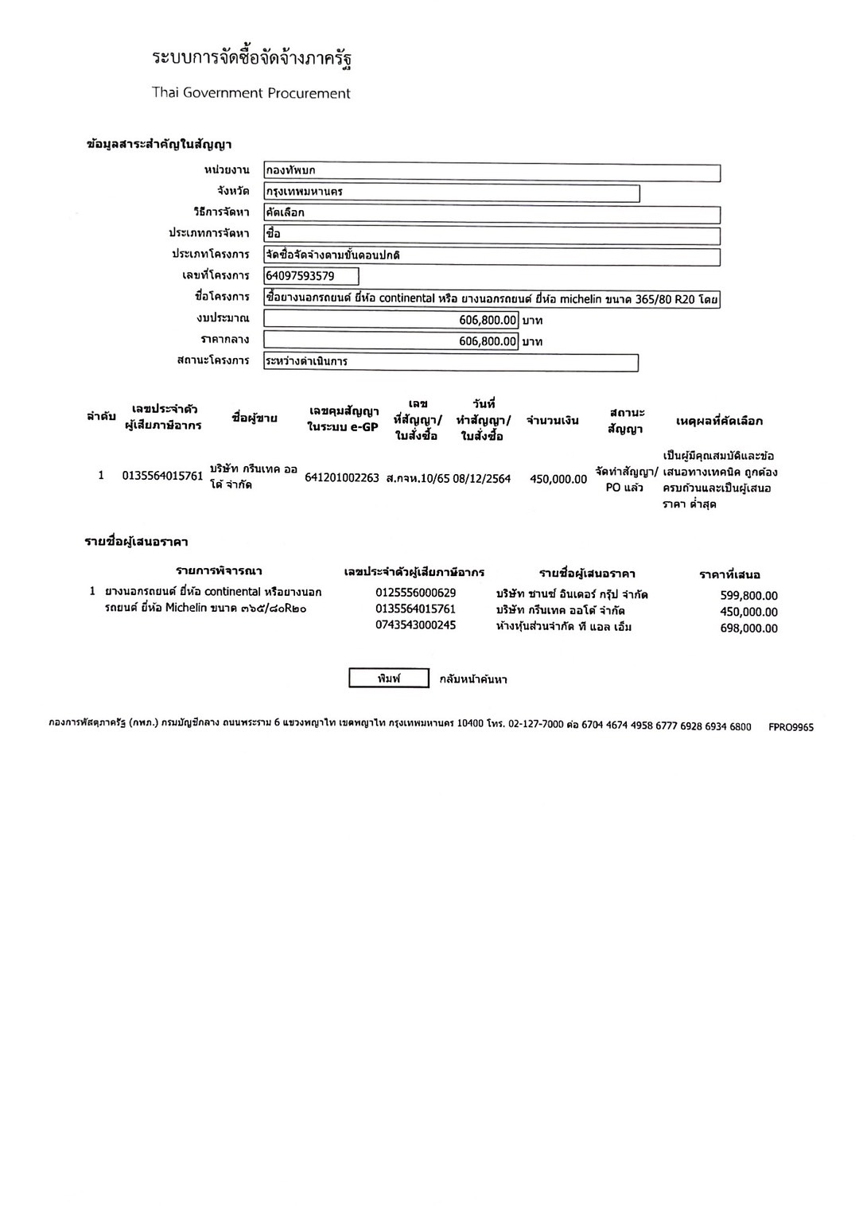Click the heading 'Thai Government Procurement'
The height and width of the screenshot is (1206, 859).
pyautogui.click(x=251, y=93)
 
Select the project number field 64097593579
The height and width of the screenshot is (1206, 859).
pyautogui.click(x=311, y=276)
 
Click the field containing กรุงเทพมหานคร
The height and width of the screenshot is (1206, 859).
pyautogui.click(x=451, y=192)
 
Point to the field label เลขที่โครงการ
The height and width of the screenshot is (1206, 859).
pyautogui.click(x=216, y=275)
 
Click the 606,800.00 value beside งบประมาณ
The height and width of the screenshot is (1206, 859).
pyautogui.click(x=391, y=320)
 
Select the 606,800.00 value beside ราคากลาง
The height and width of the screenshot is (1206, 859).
pyautogui.click(x=391, y=341)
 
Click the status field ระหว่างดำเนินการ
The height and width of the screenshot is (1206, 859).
pyautogui.click(x=451, y=362)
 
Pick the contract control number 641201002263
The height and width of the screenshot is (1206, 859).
pyautogui.click(x=342, y=479)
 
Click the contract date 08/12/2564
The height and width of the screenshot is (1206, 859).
pyautogui.click(x=482, y=479)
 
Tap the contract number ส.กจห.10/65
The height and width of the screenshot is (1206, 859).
pyautogui.click(x=418, y=479)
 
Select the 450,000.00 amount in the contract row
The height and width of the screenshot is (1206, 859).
pyautogui.click(x=558, y=479)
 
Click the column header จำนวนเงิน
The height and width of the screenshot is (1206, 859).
pyautogui.click(x=553, y=421)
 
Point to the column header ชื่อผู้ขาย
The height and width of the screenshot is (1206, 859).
pyautogui.click(x=255, y=418)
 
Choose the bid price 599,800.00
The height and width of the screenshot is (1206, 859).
pyautogui.click(x=748, y=596)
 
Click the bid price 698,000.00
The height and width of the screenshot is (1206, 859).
pyautogui.click(x=748, y=628)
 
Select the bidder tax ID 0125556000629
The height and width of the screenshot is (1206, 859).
pyautogui.click(x=416, y=593)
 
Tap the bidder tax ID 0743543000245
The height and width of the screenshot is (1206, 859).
pyautogui.click(x=416, y=625)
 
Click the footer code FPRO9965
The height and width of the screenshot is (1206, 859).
pyautogui.click(x=791, y=727)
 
